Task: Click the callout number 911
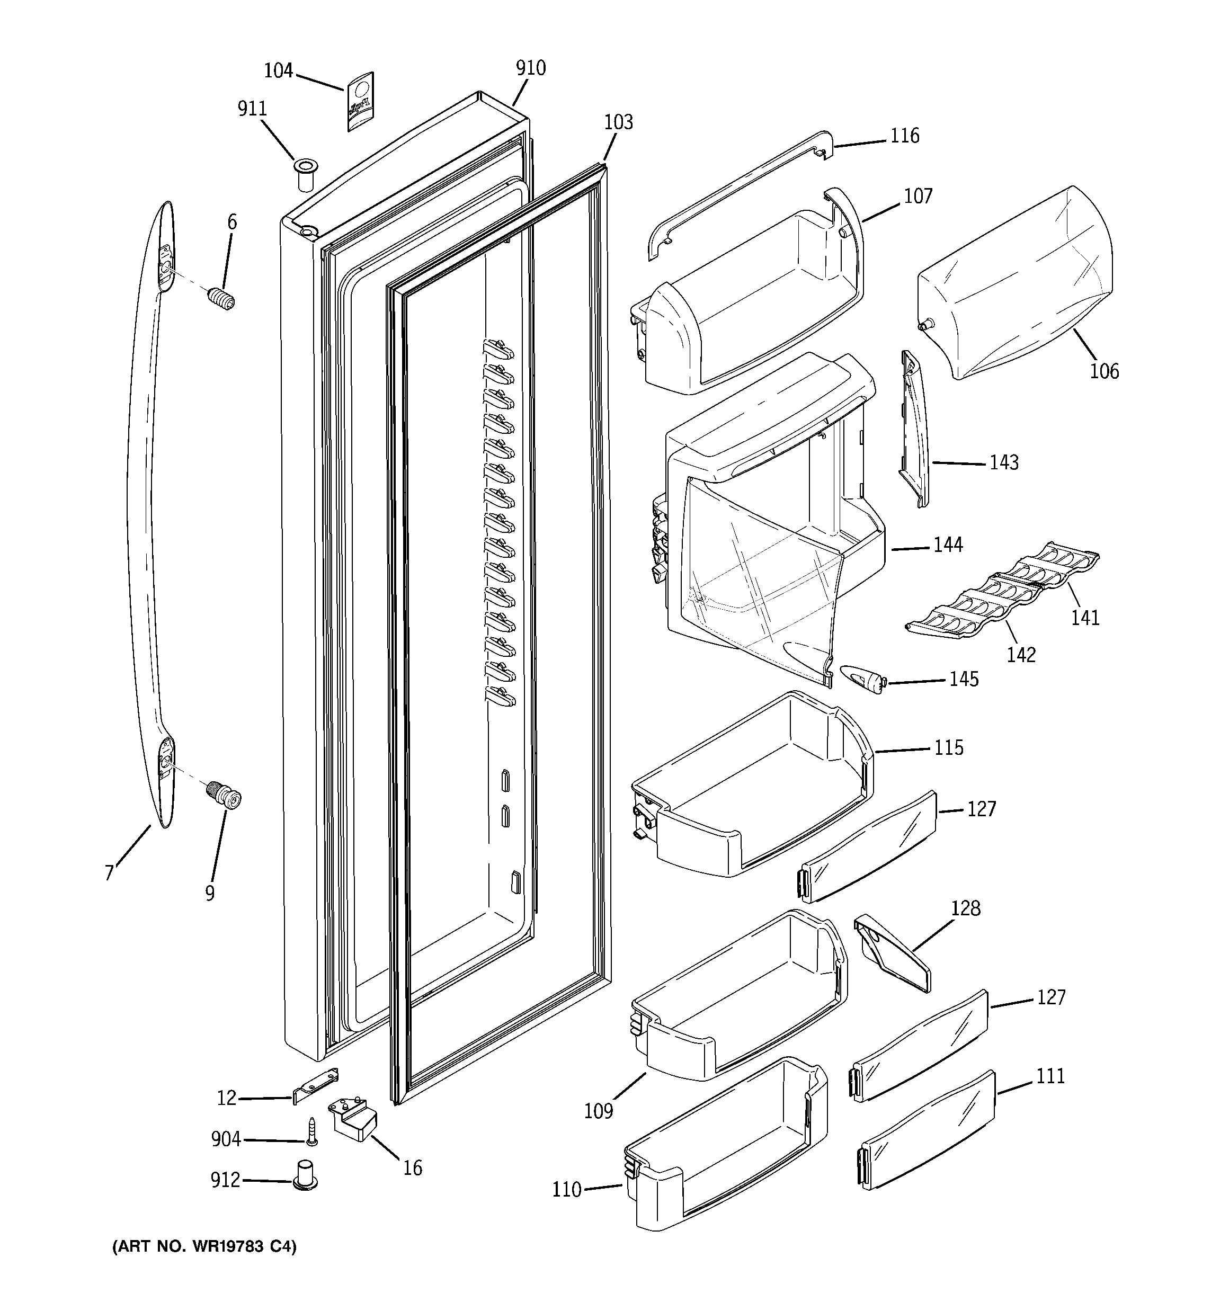coord(252,109)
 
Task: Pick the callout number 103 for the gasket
coord(618,122)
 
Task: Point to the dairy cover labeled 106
coord(1016,283)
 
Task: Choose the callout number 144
coord(948,545)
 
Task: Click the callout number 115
coord(949,747)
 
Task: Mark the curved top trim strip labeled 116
coord(739,191)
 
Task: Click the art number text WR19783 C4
coord(204,1246)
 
